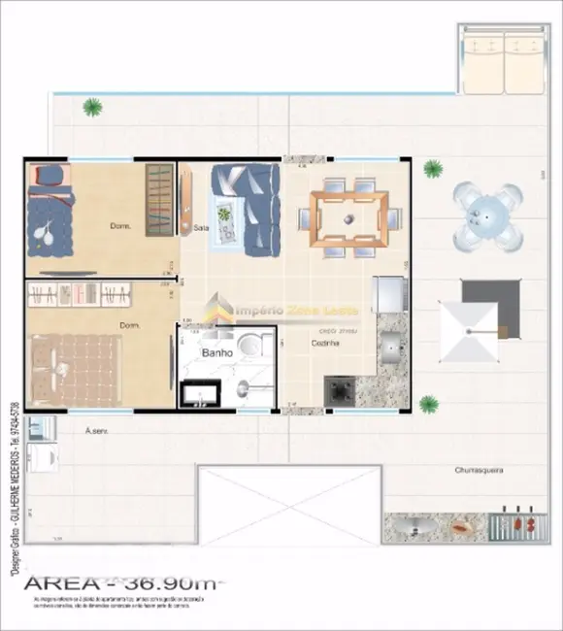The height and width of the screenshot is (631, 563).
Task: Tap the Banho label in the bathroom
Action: pyautogui.click(x=216, y=353)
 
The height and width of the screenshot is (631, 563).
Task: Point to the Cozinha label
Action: pyautogui.click(x=325, y=342)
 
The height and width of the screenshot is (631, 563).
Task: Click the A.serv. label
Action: pyautogui.click(x=95, y=430)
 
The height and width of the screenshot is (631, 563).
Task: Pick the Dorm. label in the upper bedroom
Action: pyautogui.click(x=120, y=226)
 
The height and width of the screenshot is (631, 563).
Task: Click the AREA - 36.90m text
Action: pyautogui.click(x=122, y=583)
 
